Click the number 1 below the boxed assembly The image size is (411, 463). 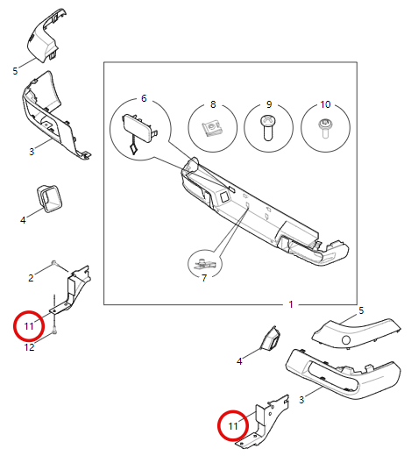pyautogui.click(x=291, y=304)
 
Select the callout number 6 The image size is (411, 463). pyautogui.click(x=144, y=98)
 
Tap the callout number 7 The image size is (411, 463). pyautogui.click(x=204, y=278)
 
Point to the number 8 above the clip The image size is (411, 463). pyautogui.click(x=213, y=104)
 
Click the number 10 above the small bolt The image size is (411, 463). pyautogui.click(x=325, y=104)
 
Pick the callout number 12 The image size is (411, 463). pyautogui.click(x=29, y=347)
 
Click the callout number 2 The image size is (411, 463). pyautogui.click(x=31, y=278)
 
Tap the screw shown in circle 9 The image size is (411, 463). pyautogui.click(x=268, y=127)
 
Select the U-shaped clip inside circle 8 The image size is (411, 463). pyautogui.click(x=212, y=130)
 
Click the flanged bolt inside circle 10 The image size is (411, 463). pyautogui.click(x=325, y=128)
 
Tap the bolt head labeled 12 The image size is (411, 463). pyautogui.click(x=54, y=332)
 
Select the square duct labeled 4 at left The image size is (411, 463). pyautogui.click(x=50, y=198)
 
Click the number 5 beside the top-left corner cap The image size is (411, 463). pyautogui.click(x=15, y=71)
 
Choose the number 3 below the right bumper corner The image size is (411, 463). pyautogui.click(x=301, y=400)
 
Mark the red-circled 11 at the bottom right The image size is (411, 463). pyautogui.click(x=233, y=426)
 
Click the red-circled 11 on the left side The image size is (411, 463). pyautogui.click(x=29, y=326)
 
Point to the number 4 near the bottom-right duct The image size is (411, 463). pyautogui.click(x=239, y=361)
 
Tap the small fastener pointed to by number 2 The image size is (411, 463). pyautogui.click(x=53, y=262)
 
